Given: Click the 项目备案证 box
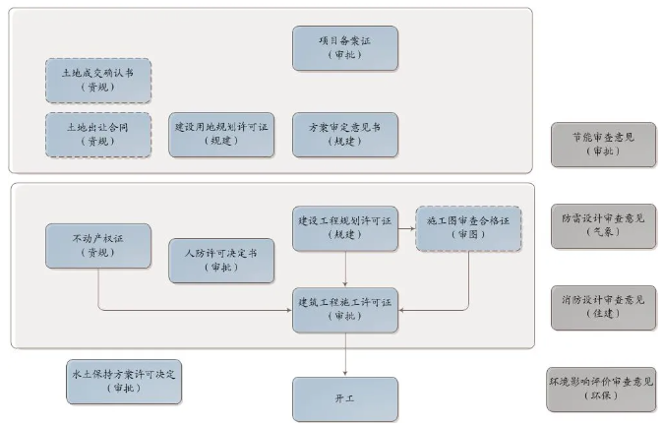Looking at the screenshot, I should tap(345, 48).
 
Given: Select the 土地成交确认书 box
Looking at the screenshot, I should tap(98, 80).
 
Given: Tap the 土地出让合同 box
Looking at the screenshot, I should tap(98, 134).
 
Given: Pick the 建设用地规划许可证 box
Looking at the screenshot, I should tap(221, 134).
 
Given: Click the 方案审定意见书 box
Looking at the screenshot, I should tap(345, 134).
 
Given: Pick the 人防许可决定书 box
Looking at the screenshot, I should tap(221, 260).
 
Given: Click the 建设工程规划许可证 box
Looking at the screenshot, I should tap(345, 228).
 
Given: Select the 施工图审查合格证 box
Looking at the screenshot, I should tap(468, 228).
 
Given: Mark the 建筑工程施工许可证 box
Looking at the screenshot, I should tap(345, 310).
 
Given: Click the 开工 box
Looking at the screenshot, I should tap(345, 398).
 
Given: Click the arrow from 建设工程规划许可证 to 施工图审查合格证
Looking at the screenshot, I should tap(406, 222).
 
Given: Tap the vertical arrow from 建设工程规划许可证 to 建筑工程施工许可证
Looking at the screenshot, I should tap(345, 269).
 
